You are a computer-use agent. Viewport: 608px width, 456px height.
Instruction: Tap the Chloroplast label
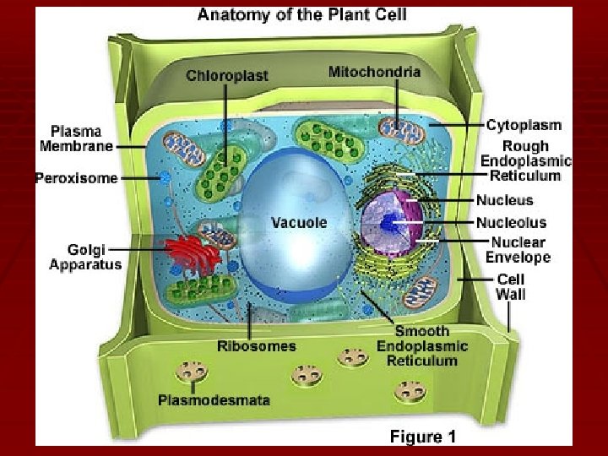pyautogui.click(x=227, y=76)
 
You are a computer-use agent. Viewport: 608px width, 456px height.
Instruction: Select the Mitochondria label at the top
pyautogui.click(x=374, y=72)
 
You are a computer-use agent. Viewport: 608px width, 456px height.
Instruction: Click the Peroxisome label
pyautogui.click(x=76, y=178)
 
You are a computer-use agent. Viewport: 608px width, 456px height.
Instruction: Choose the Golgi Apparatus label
pyautogui.click(x=85, y=257)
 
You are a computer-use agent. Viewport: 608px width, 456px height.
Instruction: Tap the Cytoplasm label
pyautogui.click(x=524, y=125)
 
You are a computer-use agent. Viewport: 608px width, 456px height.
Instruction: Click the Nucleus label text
pyautogui.click(x=505, y=200)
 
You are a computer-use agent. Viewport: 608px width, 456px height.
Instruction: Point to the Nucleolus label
pyautogui.click(x=511, y=223)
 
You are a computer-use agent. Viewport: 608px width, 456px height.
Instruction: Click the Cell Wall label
pyautogui.click(x=510, y=287)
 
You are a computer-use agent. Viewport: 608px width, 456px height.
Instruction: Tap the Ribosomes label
pyautogui.click(x=257, y=345)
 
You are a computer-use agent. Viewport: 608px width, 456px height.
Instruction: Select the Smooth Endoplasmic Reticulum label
pyautogui.click(x=422, y=346)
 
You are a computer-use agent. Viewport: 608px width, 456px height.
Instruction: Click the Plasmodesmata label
pyautogui.click(x=214, y=399)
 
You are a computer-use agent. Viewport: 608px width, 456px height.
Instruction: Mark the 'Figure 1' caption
pyautogui.click(x=422, y=437)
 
